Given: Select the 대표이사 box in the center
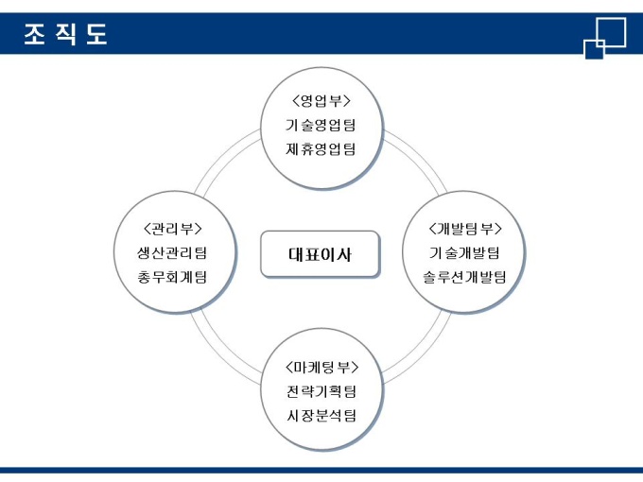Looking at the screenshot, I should (320, 254).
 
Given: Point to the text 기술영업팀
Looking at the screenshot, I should (321, 125).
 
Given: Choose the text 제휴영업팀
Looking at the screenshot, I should (321, 148).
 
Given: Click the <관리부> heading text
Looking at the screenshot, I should (172, 229).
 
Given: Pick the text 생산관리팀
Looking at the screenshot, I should (172, 252).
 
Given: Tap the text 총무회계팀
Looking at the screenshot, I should (172, 277).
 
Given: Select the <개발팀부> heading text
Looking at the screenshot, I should (464, 229).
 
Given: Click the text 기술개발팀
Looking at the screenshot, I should (464, 252).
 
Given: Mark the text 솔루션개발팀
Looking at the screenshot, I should (464, 277).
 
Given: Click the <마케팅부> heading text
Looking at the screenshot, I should (321, 367).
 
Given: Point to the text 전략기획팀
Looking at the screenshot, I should (321, 391).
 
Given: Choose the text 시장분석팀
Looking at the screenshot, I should (321, 415).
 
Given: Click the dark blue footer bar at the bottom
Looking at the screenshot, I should (321, 469).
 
